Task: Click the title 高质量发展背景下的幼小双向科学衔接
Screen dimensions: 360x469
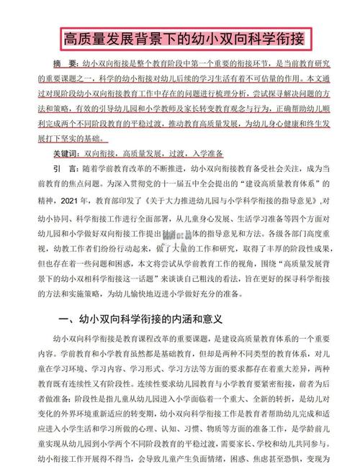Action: point(180,37)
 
